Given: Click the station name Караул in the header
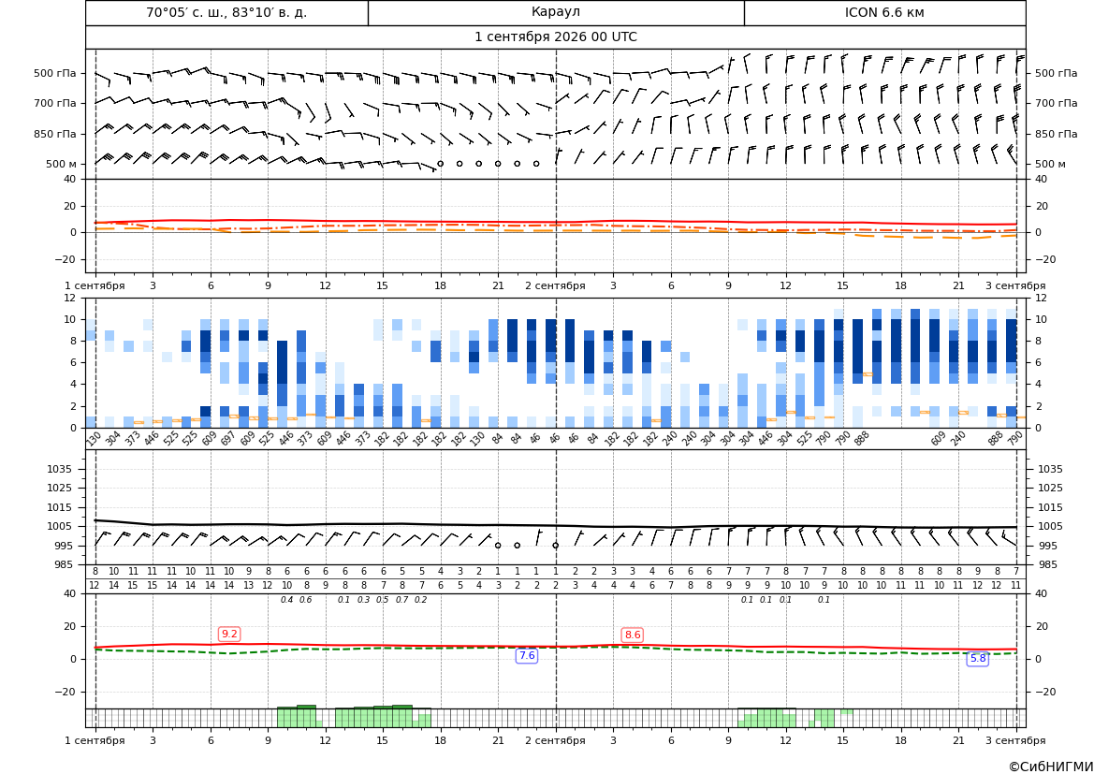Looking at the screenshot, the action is click(x=555, y=12).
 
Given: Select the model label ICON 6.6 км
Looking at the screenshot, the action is click(x=884, y=12).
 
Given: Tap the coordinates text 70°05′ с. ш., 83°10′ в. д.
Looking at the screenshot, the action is click(x=226, y=12).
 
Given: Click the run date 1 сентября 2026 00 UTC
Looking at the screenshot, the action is click(x=555, y=37).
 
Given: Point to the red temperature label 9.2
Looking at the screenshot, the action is click(x=229, y=635).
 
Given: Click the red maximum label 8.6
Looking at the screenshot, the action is click(x=632, y=635).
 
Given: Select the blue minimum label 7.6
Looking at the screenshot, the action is click(x=527, y=655).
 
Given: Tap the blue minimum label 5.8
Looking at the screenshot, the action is click(x=978, y=658).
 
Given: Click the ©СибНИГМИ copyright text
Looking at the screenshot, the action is click(x=1051, y=767).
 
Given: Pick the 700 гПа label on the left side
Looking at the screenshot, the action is click(x=55, y=103).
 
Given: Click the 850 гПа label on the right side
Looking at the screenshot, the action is click(x=1056, y=134).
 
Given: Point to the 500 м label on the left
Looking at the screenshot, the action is click(x=62, y=164).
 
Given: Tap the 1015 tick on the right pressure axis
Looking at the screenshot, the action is click(x=1051, y=507).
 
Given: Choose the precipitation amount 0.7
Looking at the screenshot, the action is click(x=401, y=600).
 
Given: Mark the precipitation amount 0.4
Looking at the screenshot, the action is click(x=286, y=600).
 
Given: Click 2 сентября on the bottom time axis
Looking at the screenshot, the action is click(x=555, y=740).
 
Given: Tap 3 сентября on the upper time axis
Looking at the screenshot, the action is click(x=1016, y=285).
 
